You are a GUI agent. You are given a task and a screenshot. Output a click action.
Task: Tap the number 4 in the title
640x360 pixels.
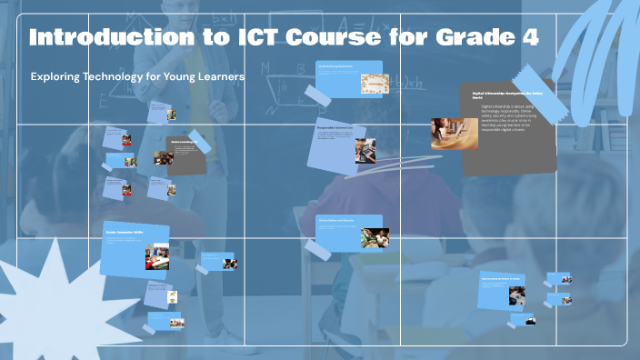point(527,38)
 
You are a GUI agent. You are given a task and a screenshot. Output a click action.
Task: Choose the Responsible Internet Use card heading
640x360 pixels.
point(337,129)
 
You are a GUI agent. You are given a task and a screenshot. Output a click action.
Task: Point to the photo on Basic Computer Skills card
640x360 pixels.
point(156,257)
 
